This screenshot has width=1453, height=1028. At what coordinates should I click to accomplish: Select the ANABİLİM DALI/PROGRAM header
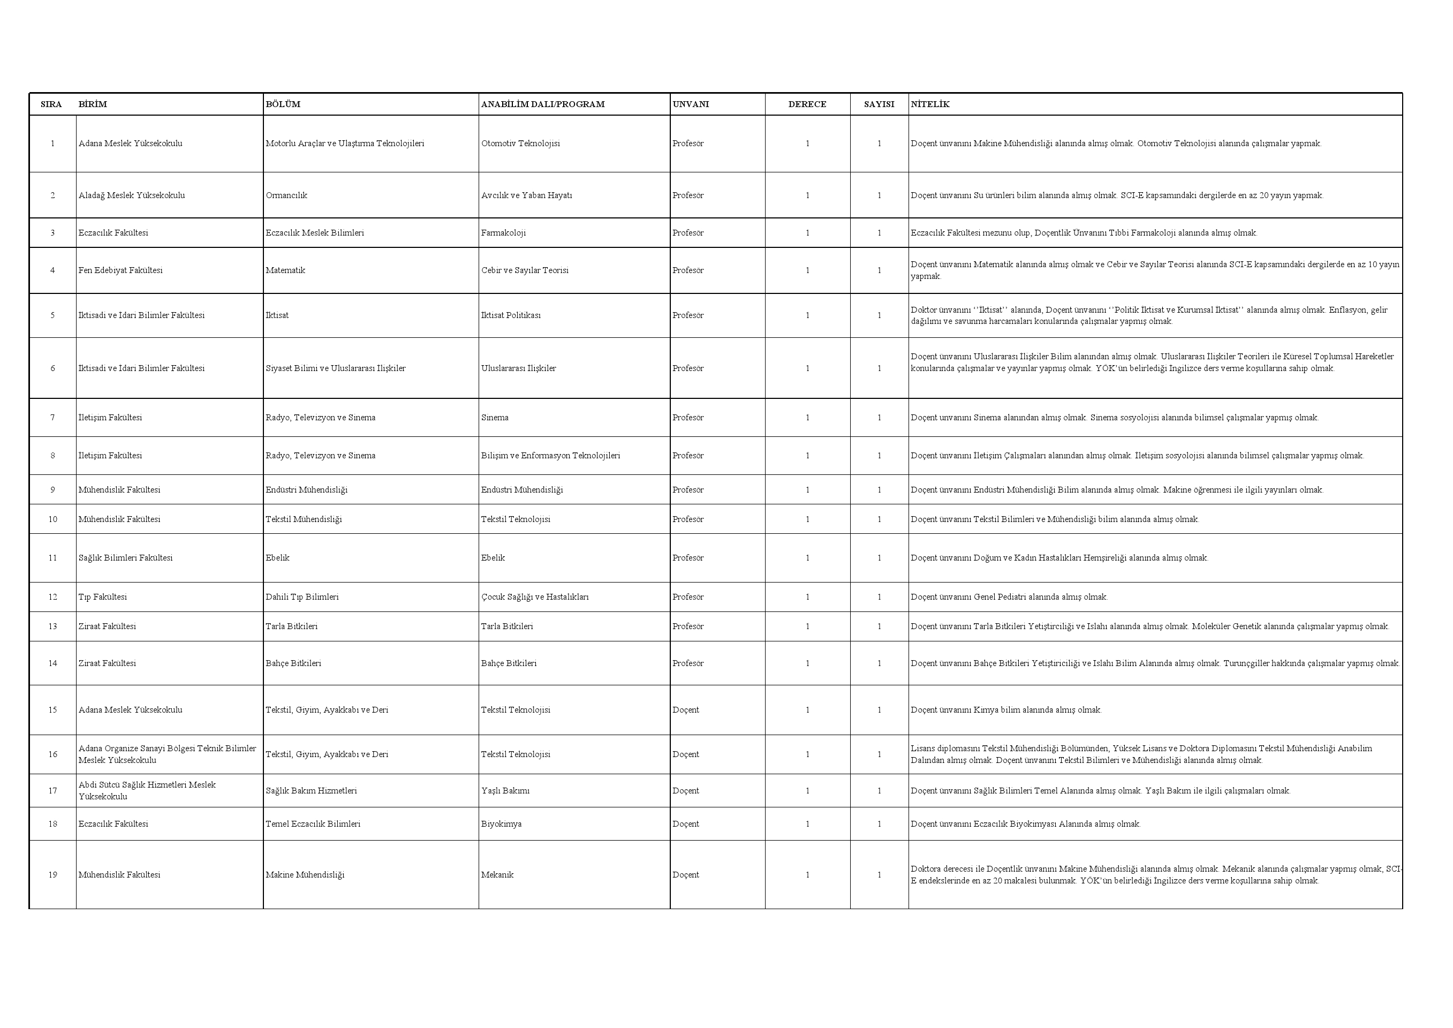542,104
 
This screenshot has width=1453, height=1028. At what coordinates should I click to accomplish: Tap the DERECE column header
807,104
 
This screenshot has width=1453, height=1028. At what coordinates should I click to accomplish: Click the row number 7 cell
52,418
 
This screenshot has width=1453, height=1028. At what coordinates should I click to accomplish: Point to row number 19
52,875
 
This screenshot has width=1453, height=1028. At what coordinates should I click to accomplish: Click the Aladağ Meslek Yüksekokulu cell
132,195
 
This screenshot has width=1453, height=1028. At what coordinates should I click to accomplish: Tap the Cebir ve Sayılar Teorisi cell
525,270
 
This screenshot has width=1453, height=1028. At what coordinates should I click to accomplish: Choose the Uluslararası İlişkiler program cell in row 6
518,368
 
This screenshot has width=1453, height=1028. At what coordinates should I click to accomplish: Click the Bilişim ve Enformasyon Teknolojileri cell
550,456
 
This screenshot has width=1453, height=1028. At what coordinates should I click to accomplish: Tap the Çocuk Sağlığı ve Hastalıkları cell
535,597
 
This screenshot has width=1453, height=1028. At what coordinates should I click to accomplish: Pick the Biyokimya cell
501,824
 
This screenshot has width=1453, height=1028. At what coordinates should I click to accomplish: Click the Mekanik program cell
497,875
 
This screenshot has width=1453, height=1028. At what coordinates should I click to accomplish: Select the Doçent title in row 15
686,710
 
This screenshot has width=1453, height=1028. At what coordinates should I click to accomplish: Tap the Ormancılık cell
286,195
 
